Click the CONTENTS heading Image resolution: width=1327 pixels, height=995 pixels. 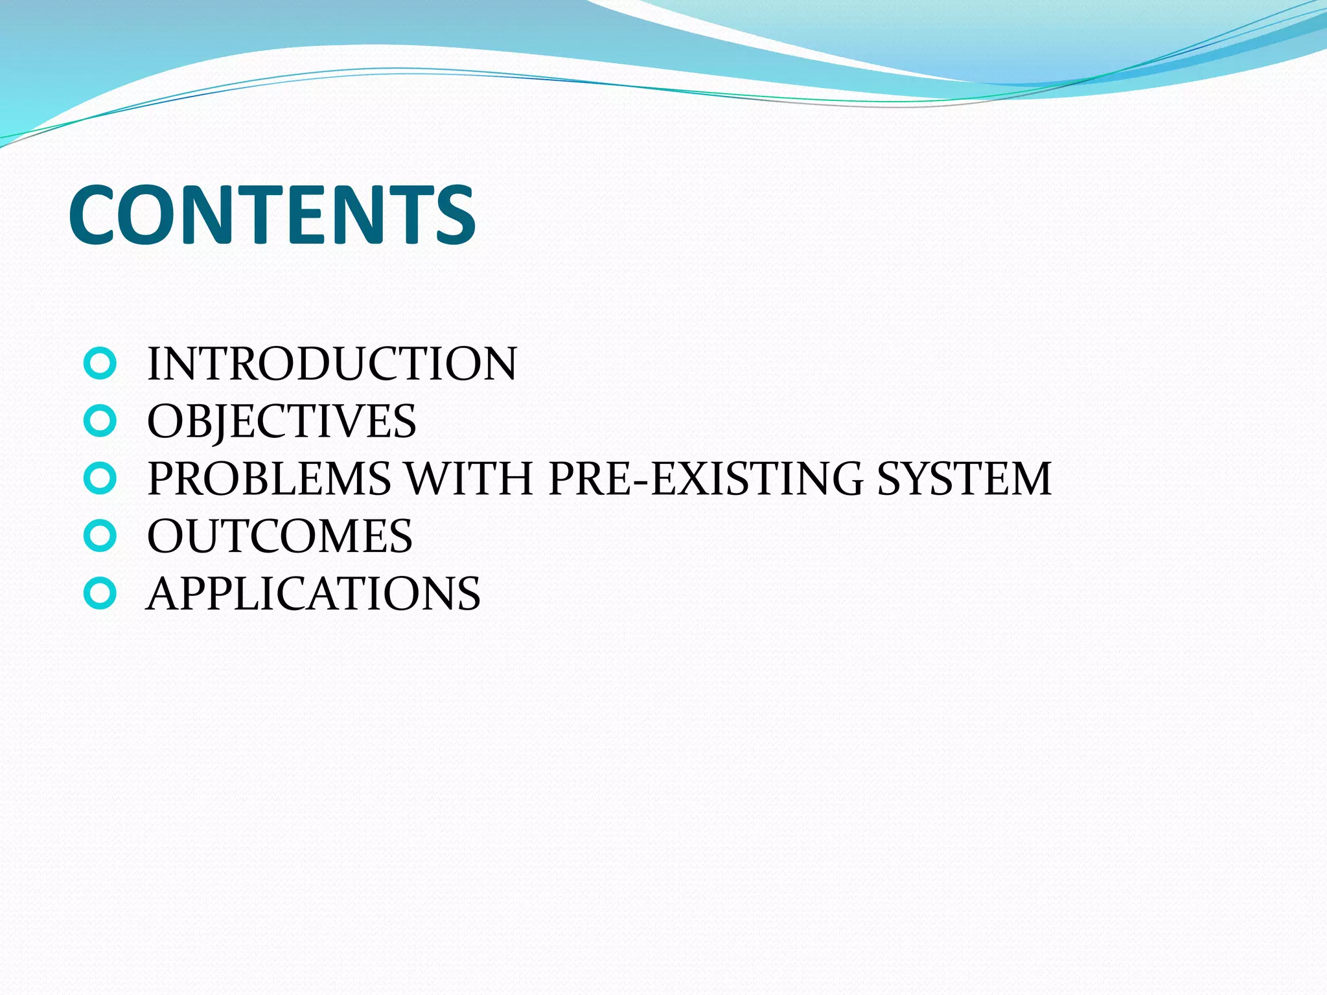coord(272,215)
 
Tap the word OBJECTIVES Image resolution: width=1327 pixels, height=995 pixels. coord(281,421)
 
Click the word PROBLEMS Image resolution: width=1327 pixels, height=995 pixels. coord(269,479)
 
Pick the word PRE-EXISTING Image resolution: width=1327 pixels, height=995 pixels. coord(706,479)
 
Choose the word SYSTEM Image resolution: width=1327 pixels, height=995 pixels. coord(964,479)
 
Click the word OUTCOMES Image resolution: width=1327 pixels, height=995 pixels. coord(279,536)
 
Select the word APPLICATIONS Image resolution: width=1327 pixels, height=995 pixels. coord(314,593)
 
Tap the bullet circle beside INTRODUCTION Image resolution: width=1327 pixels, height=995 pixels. coord(100,364)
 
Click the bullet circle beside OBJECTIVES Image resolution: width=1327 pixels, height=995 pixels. coord(100,422)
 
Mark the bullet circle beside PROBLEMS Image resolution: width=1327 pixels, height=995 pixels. coord(100,479)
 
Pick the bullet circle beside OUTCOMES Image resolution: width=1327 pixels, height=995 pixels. coord(100,536)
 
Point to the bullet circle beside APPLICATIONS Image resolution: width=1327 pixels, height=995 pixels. coord(100,594)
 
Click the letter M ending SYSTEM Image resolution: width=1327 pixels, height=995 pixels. coord(1027,479)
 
